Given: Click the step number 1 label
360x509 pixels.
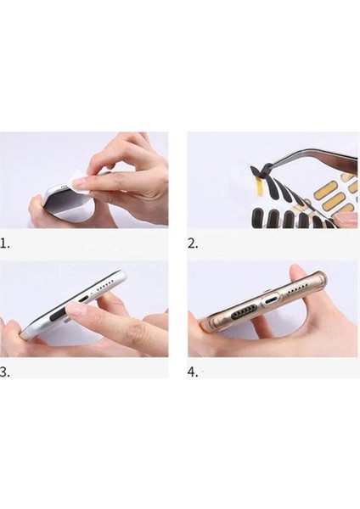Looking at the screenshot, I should tap(7, 243).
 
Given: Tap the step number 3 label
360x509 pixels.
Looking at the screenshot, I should tap(7, 371).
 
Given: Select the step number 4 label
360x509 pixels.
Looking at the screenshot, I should tap(194, 371).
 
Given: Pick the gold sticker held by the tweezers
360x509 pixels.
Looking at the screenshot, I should tap(231, 178).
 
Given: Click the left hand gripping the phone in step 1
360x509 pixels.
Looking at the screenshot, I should tap(38, 208).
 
